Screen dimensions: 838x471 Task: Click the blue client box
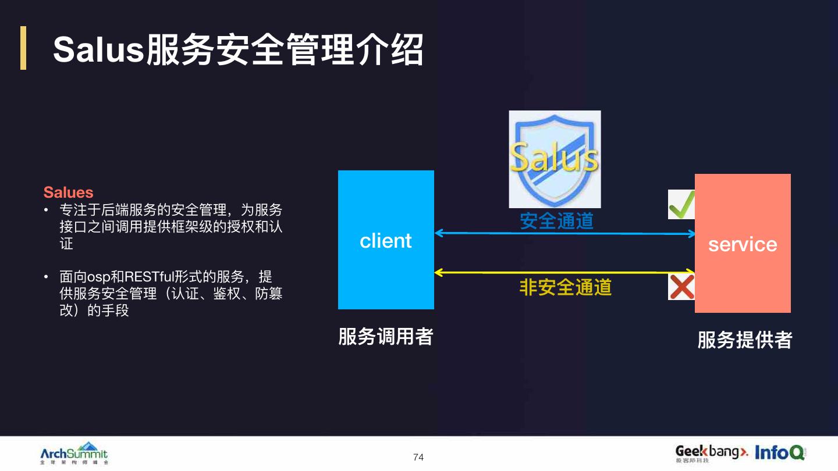click(x=386, y=240)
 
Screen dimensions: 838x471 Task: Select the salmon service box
click(x=743, y=243)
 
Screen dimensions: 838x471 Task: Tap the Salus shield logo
click(x=555, y=159)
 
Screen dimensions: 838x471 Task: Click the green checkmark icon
click(x=681, y=204)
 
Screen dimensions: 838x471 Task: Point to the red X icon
click(x=681, y=287)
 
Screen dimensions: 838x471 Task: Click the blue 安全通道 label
click(x=556, y=220)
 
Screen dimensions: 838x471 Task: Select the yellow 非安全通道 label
click(x=565, y=287)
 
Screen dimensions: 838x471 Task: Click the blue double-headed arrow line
click(x=564, y=233)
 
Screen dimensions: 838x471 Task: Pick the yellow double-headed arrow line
click(x=564, y=272)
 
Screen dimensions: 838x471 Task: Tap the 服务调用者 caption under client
click(x=385, y=337)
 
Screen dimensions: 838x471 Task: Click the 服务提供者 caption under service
click(x=744, y=340)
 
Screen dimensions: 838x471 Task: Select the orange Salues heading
click(x=68, y=192)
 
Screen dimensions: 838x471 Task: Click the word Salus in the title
click(x=98, y=50)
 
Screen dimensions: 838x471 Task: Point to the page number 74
click(x=418, y=457)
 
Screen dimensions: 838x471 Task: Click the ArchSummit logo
click(x=74, y=454)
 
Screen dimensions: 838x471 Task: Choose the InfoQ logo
click(x=780, y=452)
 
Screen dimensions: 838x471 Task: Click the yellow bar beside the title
click(x=23, y=48)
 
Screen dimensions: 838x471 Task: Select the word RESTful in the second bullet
click(x=145, y=276)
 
